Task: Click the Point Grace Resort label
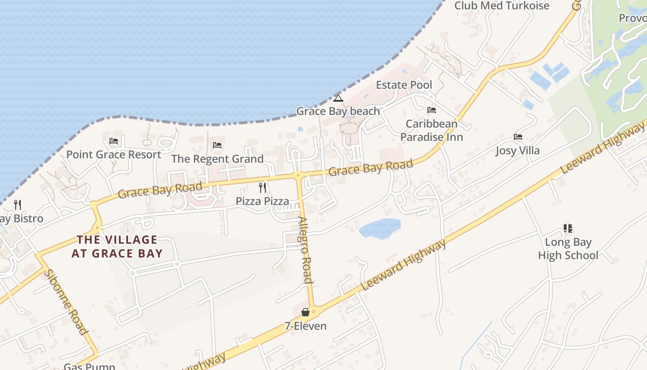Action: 114,154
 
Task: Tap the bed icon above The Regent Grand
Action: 217,145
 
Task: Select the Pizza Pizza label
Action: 262,201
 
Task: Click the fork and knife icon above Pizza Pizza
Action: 262,187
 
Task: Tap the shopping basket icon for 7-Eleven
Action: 305,312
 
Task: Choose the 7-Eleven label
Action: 305,326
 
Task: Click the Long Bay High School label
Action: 568,249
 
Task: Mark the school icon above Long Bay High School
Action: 568,228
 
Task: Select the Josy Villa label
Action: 518,151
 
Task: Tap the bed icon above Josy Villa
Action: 518,137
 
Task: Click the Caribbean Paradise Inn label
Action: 431,130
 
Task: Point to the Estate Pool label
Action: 404,85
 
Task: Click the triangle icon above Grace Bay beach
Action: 338,98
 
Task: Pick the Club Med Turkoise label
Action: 501,6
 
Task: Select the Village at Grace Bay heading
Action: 117,247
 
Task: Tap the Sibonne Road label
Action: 66,302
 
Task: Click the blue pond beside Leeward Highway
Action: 380,228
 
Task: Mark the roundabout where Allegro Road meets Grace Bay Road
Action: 298,175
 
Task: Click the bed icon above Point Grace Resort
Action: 114,141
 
